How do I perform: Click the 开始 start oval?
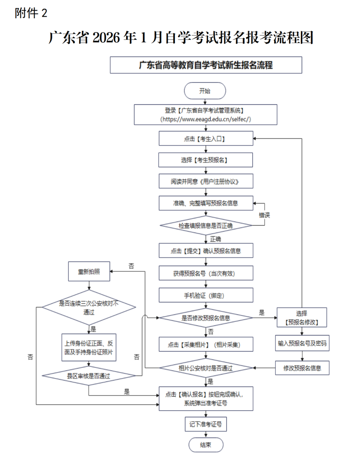coord(205,91)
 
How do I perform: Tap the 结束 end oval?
coord(206,445)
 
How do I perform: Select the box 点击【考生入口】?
coord(206,139)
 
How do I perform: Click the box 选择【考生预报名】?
coord(206,160)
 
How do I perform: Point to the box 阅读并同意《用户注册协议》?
coord(206,181)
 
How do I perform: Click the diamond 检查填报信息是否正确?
coord(206,225)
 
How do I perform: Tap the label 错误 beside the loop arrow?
coord(265,215)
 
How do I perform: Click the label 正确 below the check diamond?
coord(216,239)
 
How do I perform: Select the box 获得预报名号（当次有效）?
coord(206,273)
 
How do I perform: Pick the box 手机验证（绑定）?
coord(206,295)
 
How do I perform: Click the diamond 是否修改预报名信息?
coord(206,318)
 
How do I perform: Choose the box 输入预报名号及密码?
coord(302,344)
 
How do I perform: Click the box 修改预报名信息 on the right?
coord(302,368)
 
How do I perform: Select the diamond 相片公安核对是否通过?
coord(206,368)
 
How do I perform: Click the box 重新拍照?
coord(88,272)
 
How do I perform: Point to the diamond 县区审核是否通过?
coord(89,376)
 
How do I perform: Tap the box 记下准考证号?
coord(206,424)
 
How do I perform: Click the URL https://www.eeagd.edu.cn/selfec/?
coord(206,119)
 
